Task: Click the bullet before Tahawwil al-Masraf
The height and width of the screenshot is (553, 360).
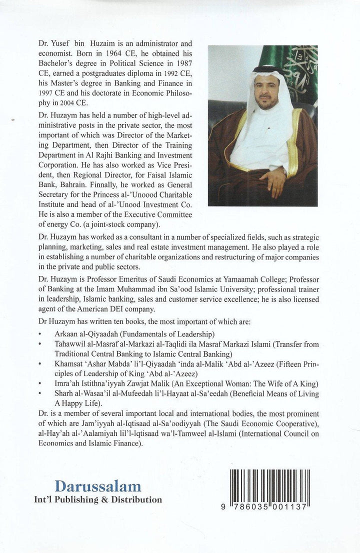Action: click(x=39, y=342)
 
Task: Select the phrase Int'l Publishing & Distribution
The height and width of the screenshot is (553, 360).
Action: click(x=98, y=499)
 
